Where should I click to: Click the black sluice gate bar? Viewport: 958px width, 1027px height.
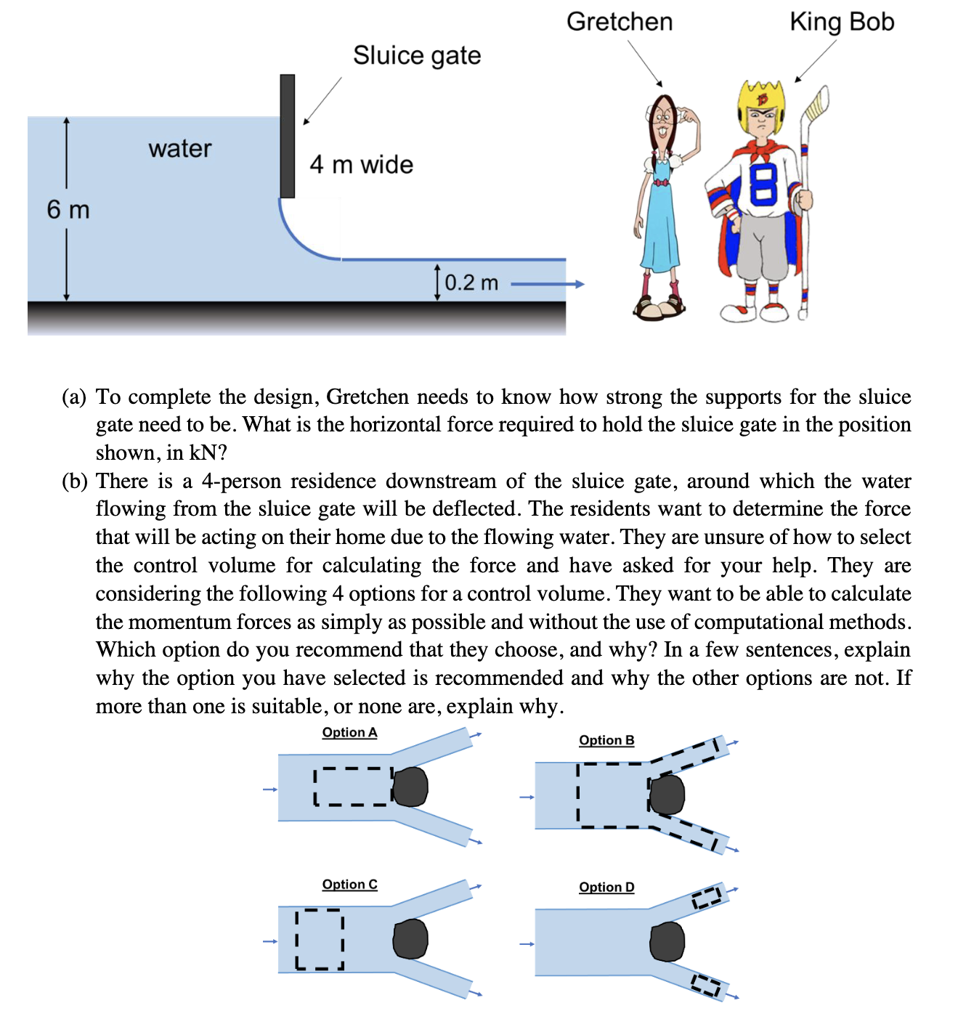pos(288,136)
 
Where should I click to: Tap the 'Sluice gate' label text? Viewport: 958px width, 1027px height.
pos(417,55)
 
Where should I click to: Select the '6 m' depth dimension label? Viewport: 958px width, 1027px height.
pos(68,210)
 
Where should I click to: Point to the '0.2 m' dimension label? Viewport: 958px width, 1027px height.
pos(471,283)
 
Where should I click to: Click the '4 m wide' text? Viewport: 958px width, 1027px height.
pos(361,165)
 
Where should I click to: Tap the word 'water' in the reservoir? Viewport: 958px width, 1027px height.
pos(179,149)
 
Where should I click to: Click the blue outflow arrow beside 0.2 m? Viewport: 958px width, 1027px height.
pos(548,284)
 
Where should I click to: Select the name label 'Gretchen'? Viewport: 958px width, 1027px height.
pos(620,22)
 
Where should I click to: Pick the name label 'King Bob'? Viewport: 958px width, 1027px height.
pos(842,22)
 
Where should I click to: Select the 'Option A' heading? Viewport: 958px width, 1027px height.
pos(349,732)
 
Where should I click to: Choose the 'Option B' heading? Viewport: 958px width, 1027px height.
pos(606,740)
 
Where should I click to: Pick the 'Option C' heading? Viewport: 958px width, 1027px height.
pos(349,884)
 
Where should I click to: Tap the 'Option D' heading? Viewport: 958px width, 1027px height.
pos(606,887)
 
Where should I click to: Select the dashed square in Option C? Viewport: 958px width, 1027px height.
pos(320,939)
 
